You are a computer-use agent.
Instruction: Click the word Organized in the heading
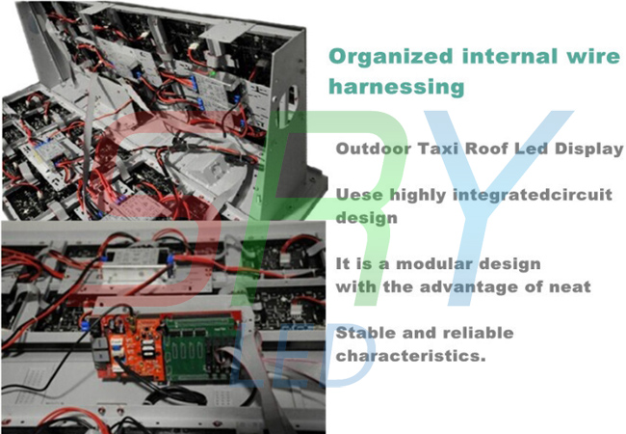390,57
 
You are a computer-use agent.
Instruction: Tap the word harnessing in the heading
397,86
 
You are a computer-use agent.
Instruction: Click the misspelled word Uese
359,195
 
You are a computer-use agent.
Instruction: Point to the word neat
567,287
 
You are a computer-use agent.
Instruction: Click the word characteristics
410,355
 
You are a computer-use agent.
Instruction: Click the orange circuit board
133,347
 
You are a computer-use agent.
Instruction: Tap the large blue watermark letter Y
493,207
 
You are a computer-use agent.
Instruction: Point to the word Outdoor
374,149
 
